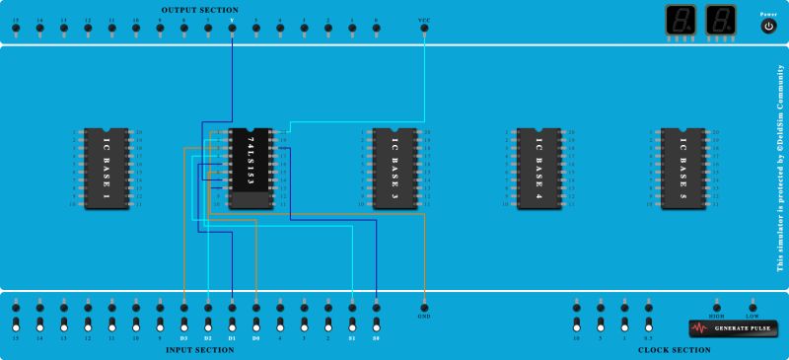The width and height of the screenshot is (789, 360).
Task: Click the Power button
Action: click(x=768, y=27)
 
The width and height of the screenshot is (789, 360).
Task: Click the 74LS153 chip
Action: click(x=251, y=168)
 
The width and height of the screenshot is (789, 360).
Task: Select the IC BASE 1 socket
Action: click(x=106, y=168)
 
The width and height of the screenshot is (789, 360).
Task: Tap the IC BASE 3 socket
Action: click(x=394, y=168)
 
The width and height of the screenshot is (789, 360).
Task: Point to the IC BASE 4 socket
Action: click(x=538, y=168)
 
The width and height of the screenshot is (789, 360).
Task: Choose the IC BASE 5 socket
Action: click(x=683, y=168)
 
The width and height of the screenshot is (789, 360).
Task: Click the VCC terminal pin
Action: click(x=424, y=28)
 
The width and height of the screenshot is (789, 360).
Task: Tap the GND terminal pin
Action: click(x=424, y=306)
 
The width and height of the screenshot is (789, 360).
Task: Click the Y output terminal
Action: click(x=232, y=28)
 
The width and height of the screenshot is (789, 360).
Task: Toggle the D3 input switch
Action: click(x=184, y=324)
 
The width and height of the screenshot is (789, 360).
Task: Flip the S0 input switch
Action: click(x=376, y=324)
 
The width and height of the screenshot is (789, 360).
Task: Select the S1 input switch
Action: click(x=352, y=324)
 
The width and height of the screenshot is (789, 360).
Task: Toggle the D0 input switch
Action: click(x=256, y=324)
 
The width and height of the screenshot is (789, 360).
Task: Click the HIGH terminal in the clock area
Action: click(x=717, y=306)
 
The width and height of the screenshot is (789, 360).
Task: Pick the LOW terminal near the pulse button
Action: click(x=753, y=306)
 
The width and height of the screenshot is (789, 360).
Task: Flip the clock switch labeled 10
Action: click(x=577, y=324)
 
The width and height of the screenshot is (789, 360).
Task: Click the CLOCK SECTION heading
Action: click(x=674, y=350)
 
